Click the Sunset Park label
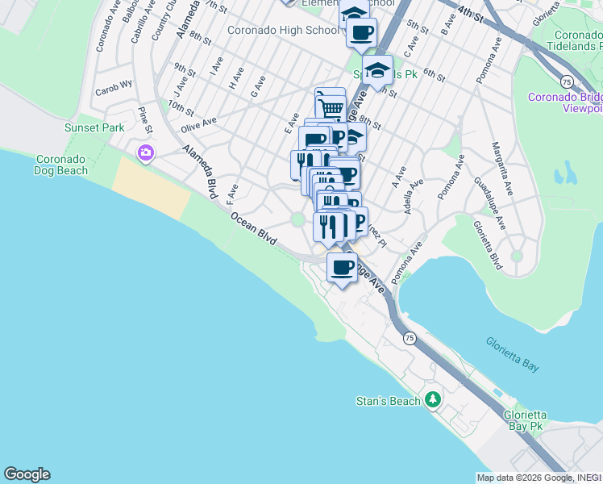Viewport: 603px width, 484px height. pyautogui.click(x=94, y=127)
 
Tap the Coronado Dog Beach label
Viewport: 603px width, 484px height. pyautogui.click(x=60, y=165)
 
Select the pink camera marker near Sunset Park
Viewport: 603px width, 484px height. pyautogui.click(x=146, y=152)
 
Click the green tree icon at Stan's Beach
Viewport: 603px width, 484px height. pyautogui.click(x=433, y=400)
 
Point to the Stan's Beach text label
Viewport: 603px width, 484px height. pyautogui.click(x=389, y=401)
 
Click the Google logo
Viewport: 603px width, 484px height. pyautogui.click(x=27, y=474)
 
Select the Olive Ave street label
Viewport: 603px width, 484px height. pyautogui.click(x=199, y=123)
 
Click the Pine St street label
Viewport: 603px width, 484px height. pyautogui.click(x=145, y=119)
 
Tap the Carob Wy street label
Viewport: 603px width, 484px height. pyautogui.click(x=114, y=86)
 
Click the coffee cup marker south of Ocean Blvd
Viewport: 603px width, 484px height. pyautogui.click(x=342, y=268)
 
